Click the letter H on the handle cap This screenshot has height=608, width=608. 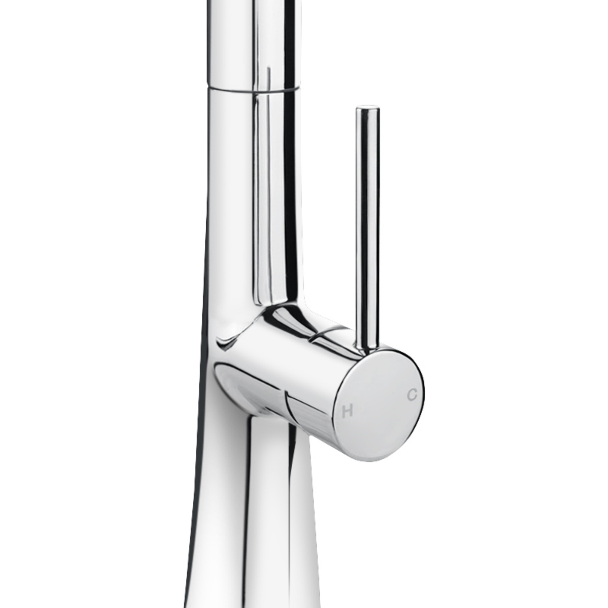(347, 411)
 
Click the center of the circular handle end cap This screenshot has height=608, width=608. (381, 404)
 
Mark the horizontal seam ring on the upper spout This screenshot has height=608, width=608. (252, 88)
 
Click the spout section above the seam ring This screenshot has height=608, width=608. (252, 42)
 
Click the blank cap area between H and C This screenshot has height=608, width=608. (379, 402)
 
